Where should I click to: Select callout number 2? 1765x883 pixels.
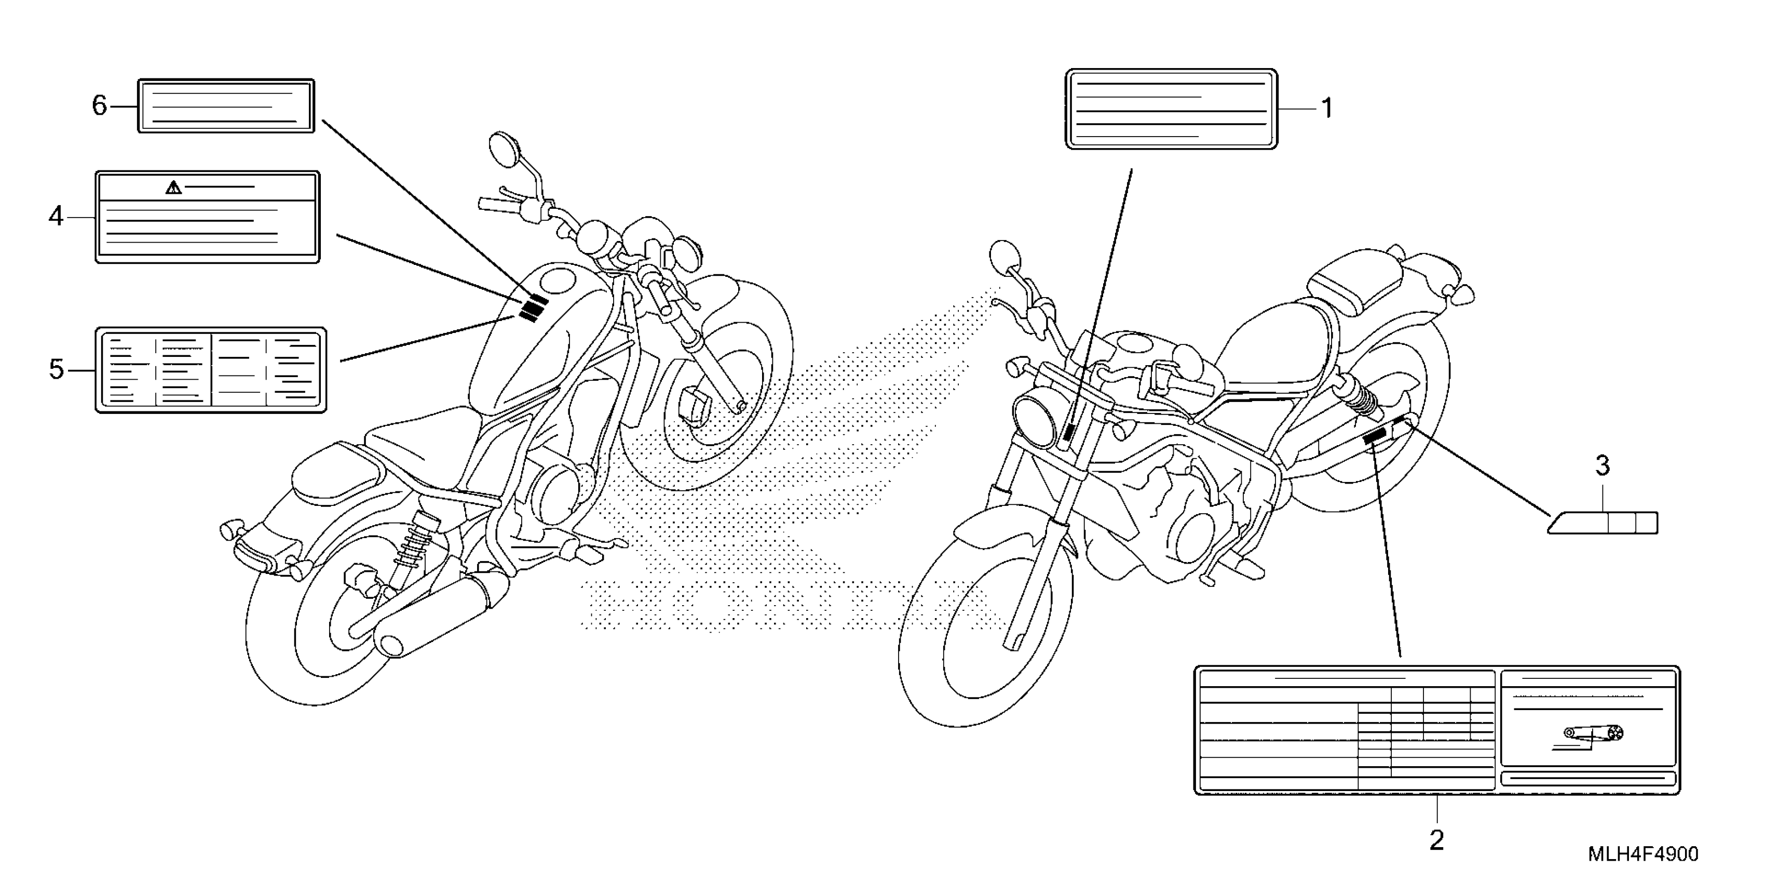click(1436, 840)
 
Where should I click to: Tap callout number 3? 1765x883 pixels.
click(1603, 466)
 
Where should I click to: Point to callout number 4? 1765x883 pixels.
click(56, 217)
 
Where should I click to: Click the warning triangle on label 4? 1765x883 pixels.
click(173, 187)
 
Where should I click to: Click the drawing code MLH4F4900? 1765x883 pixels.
click(1643, 854)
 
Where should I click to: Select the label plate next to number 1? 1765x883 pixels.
click(1171, 109)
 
